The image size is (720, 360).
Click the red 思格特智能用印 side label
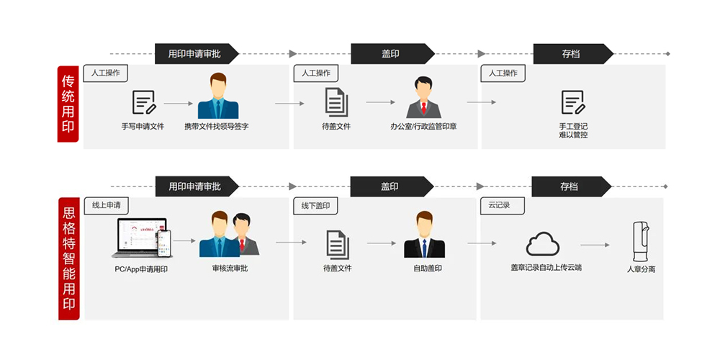[x=68, y=258]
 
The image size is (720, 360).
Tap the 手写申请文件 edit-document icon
[x=143, y=103]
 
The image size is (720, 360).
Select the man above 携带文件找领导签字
[x=218, y=96]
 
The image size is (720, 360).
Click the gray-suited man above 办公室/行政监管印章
[x=423, y=97]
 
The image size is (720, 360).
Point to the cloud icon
[x=542, y=245]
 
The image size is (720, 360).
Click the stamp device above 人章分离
[x=640, y=241]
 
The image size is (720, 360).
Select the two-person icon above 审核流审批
[x=229, y=235]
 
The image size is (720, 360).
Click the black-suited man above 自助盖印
[x=424, y=235]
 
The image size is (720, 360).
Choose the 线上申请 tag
[x=106, y=205]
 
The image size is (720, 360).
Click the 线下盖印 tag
[x=316, y=206]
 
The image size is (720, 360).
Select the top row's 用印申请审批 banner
[x=195, y=54]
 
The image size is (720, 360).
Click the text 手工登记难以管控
[x=573, y=130]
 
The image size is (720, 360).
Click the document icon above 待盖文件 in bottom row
[x=337, y=245]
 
